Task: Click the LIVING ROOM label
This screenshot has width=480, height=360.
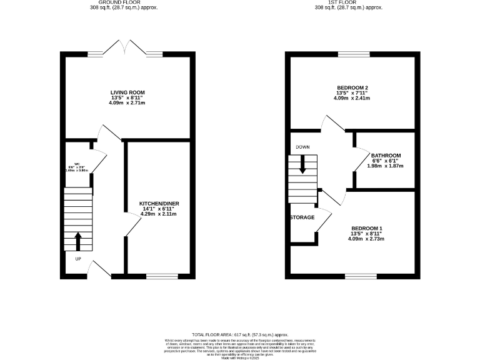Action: pyautogui.click(x=127, y=92)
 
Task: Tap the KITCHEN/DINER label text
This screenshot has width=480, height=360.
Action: pyautogui.click(x=159, y=204)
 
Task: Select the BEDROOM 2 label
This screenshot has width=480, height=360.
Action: pyautogui.click(x=351, y=87)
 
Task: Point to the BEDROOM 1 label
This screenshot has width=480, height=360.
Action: pyautogui.click(x=366, y=228)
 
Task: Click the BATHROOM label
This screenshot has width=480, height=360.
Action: pyautogui.click(x=386, y=155)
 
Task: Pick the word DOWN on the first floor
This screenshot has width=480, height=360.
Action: pyautogui.click(x=303, y=147)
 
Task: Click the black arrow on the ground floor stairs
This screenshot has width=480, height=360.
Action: pyautogui.click(x=78, y=240)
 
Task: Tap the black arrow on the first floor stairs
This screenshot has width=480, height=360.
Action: pyautogui.click(x=303, y=165)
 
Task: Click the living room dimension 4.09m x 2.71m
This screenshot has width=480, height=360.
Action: pyautogui.click(x=127, y=102)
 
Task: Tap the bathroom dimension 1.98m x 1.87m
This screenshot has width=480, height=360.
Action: pyautogui.click(x=386, y=166)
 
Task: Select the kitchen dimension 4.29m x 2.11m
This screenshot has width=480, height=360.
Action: pyautogui.click(x=159, y=214)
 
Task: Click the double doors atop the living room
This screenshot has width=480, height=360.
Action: pyautogui.click(x=127, y=49)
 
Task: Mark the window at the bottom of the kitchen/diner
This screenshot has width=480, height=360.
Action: pyautogui.click(x=162, y=275)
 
